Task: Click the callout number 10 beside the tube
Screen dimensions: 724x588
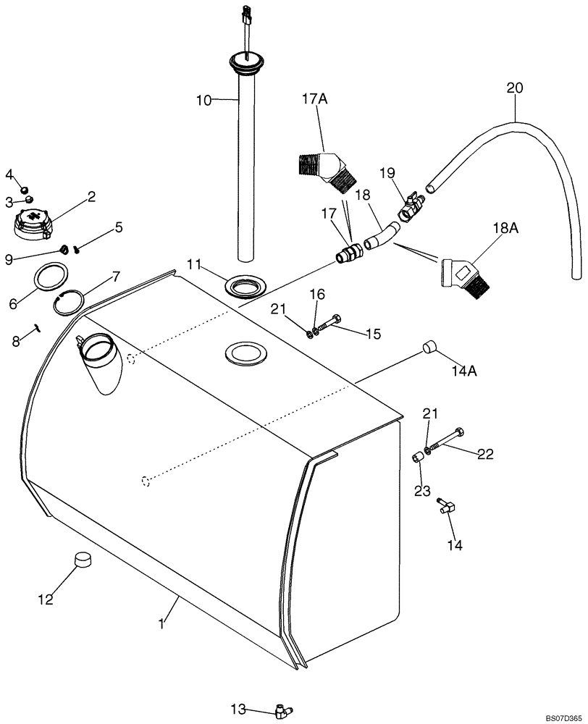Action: (203, 100)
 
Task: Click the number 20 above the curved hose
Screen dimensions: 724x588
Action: (514, 88)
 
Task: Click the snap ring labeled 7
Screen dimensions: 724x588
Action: (71, 300)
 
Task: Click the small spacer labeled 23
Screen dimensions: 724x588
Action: (418, 459)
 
